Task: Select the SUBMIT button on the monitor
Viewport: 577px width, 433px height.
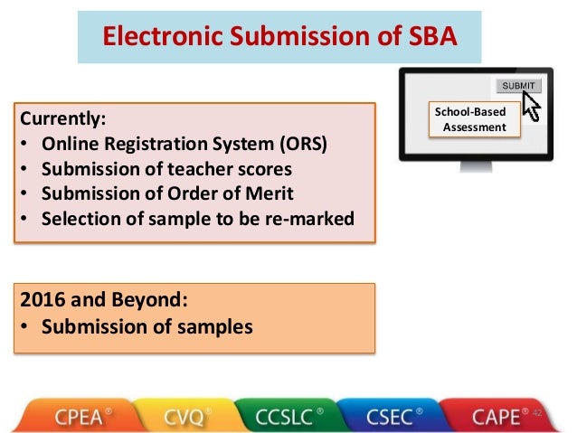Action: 518,86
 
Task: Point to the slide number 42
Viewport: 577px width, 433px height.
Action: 536,412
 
